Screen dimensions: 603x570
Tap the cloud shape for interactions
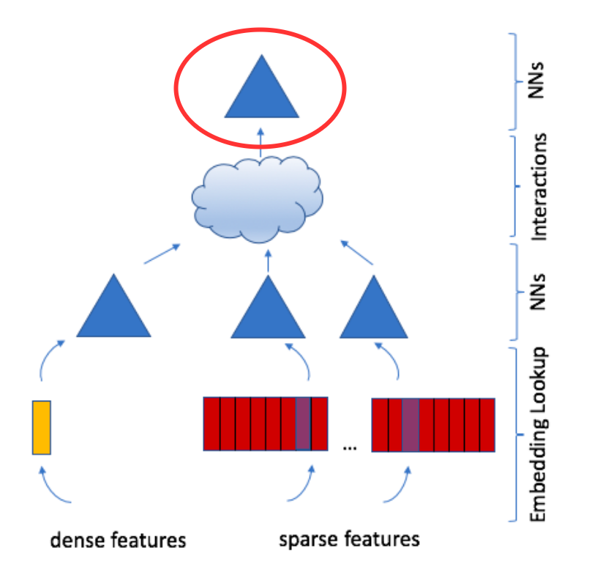[258, 199]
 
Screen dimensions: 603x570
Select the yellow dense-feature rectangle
[42, 428]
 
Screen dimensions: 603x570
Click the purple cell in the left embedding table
[303, 423]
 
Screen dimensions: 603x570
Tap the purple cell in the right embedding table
[411, 425]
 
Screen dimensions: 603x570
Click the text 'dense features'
[118, 540]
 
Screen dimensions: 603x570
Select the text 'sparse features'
[349, 539]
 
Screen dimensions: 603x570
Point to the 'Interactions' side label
[539, 187]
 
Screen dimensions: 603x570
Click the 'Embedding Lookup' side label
[539, 434]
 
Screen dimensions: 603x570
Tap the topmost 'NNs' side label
[536, 80]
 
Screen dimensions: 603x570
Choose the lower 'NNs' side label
[537, 292]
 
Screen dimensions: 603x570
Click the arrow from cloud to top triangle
[261, 142]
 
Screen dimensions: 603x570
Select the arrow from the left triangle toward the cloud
[162, 253]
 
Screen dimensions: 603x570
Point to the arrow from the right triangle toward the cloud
[357, 253]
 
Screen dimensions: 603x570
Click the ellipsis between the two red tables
[350, 448]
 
